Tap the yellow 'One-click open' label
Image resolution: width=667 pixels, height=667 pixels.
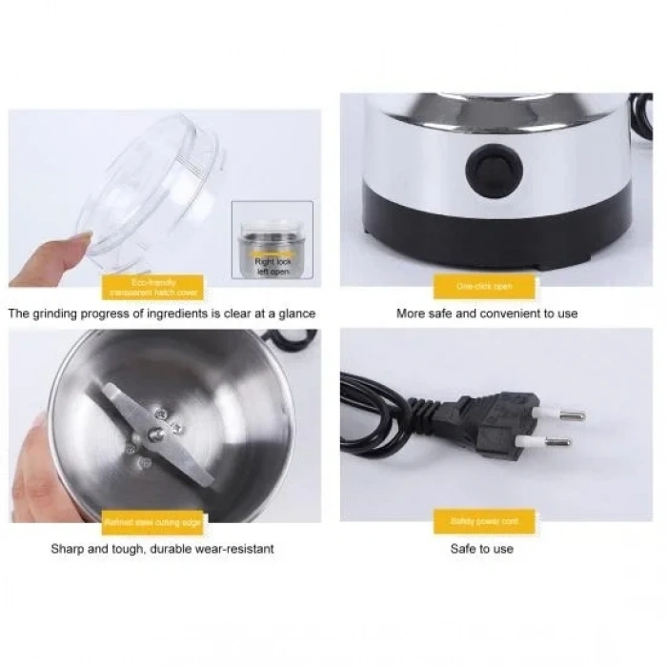coord(483,286)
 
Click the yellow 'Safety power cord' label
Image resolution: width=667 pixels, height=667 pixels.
coord(483,521)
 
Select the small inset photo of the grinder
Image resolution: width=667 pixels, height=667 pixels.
coord(273,243)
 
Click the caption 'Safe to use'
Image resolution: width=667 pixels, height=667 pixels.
coord(481,549)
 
